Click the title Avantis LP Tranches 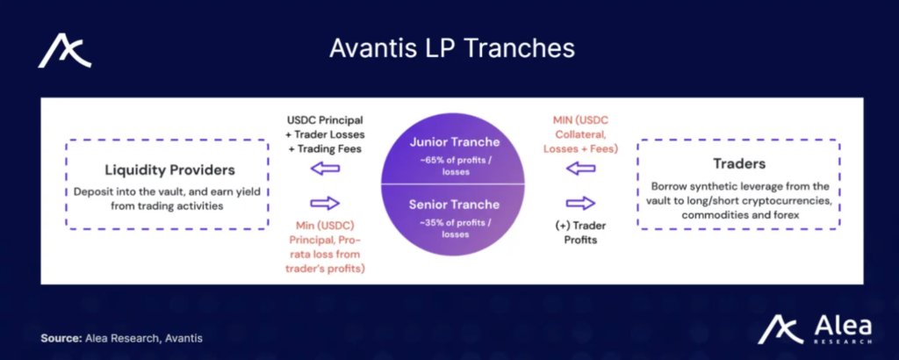pyautogui.click(x=452, y=48)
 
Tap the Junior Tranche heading pyautogui.click(x=455, y=142)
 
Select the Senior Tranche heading pyautogui.click(x=454, y=205)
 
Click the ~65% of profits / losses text pyautogui.click(x=454, y=166)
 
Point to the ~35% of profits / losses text pyautogui.click(x=454, y=228)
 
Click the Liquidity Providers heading pyautogui.click(x=169, y=170)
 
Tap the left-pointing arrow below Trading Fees pyautogui.click(x=325, y=169)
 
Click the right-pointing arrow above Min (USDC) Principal pyautogui.click(x=325, y=203)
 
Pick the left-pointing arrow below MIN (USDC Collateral pyautogui.click(x=581, y=169)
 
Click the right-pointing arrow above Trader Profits pyautogui.click(x=581, y=203)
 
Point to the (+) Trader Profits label pyautogui.click(x=580, y=233)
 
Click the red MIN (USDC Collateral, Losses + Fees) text pyautogui.click(x=580, y=134)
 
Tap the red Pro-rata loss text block pyautogui.click(x=325, y=247)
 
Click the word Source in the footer pyautogui.click(x=61, y=338)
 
